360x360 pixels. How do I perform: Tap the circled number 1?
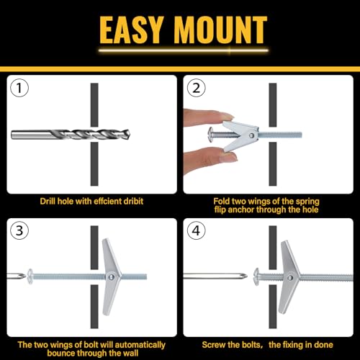(20, 89)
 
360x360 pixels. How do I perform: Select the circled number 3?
(20, 231)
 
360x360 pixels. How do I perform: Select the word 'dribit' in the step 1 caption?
(130, 200)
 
